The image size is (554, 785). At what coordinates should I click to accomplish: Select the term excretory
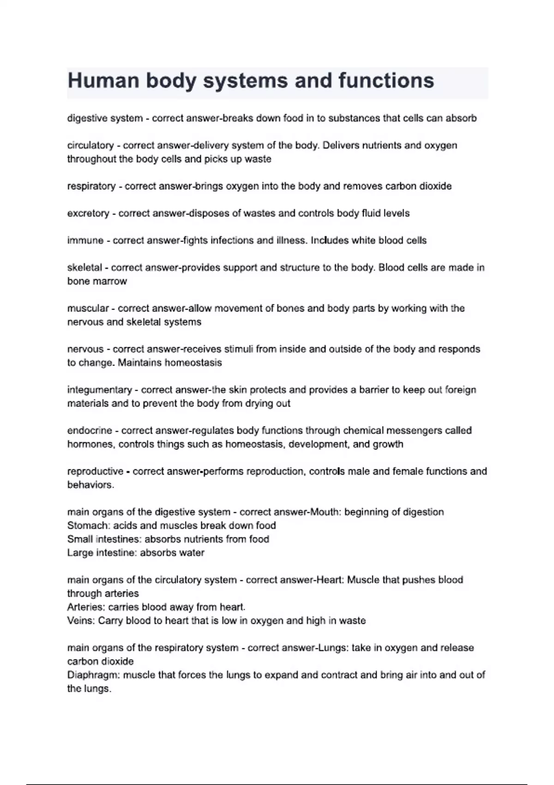point(88,213)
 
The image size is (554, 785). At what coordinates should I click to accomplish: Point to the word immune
point(85,241)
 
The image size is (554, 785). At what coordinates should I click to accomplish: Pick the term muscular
point(88,308)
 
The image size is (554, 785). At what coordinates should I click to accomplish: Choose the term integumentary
point(99,390)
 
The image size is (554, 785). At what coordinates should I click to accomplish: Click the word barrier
point(373,390)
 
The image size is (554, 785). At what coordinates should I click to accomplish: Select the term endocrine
point(90,430)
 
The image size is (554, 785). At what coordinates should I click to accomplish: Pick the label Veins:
point(81,621)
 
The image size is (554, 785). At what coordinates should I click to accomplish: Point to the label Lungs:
point(332,648)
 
